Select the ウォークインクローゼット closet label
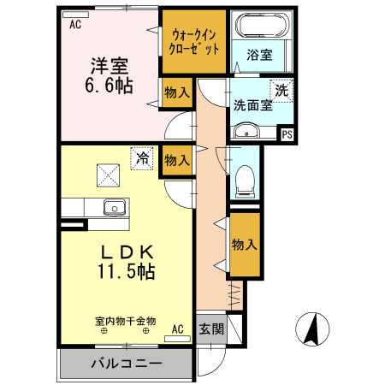pyautogui.click(x=195, y=42)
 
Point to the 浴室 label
pyautogui.click(x=260, y=56)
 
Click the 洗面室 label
pyautogui.click(x=252, y=105)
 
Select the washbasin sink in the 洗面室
pyautogui.click(x=246, y=133)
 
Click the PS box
pyautogui.click(x=287, y=133)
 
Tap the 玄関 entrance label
pyautogui.click(x=210, y=329)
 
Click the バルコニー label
pyautogui.click(x=126, y=364)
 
